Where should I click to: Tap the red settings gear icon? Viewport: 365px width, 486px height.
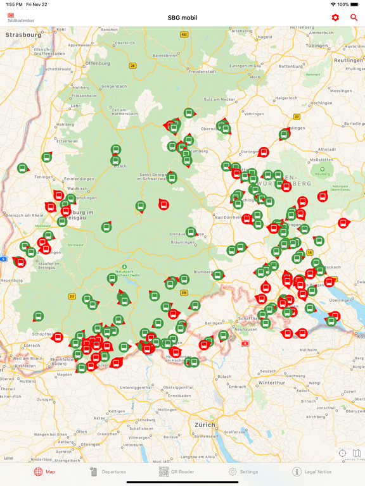tap(335, 17)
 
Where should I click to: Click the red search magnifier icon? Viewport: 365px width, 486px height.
tap(354, 17)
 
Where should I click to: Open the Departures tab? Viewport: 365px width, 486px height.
tap(107, 471)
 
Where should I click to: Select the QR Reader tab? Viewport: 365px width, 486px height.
tap(177, 471)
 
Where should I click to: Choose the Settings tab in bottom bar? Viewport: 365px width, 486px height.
tap(243, 471)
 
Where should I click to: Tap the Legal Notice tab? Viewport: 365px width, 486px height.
tap(312, 471)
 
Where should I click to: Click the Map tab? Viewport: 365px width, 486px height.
tap(44, 471)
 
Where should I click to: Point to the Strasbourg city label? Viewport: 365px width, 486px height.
tap(23, 35)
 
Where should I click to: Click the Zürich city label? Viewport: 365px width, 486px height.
tap(205, 425)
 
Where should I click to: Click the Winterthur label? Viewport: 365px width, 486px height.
tap(271, 383)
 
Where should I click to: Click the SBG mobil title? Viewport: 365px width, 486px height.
tap(182, 18)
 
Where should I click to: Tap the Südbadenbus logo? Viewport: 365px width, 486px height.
tap(20, 18)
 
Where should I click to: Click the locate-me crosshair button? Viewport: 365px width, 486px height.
tap(343, 453)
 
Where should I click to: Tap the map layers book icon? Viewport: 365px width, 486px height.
tap(357, 453)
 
